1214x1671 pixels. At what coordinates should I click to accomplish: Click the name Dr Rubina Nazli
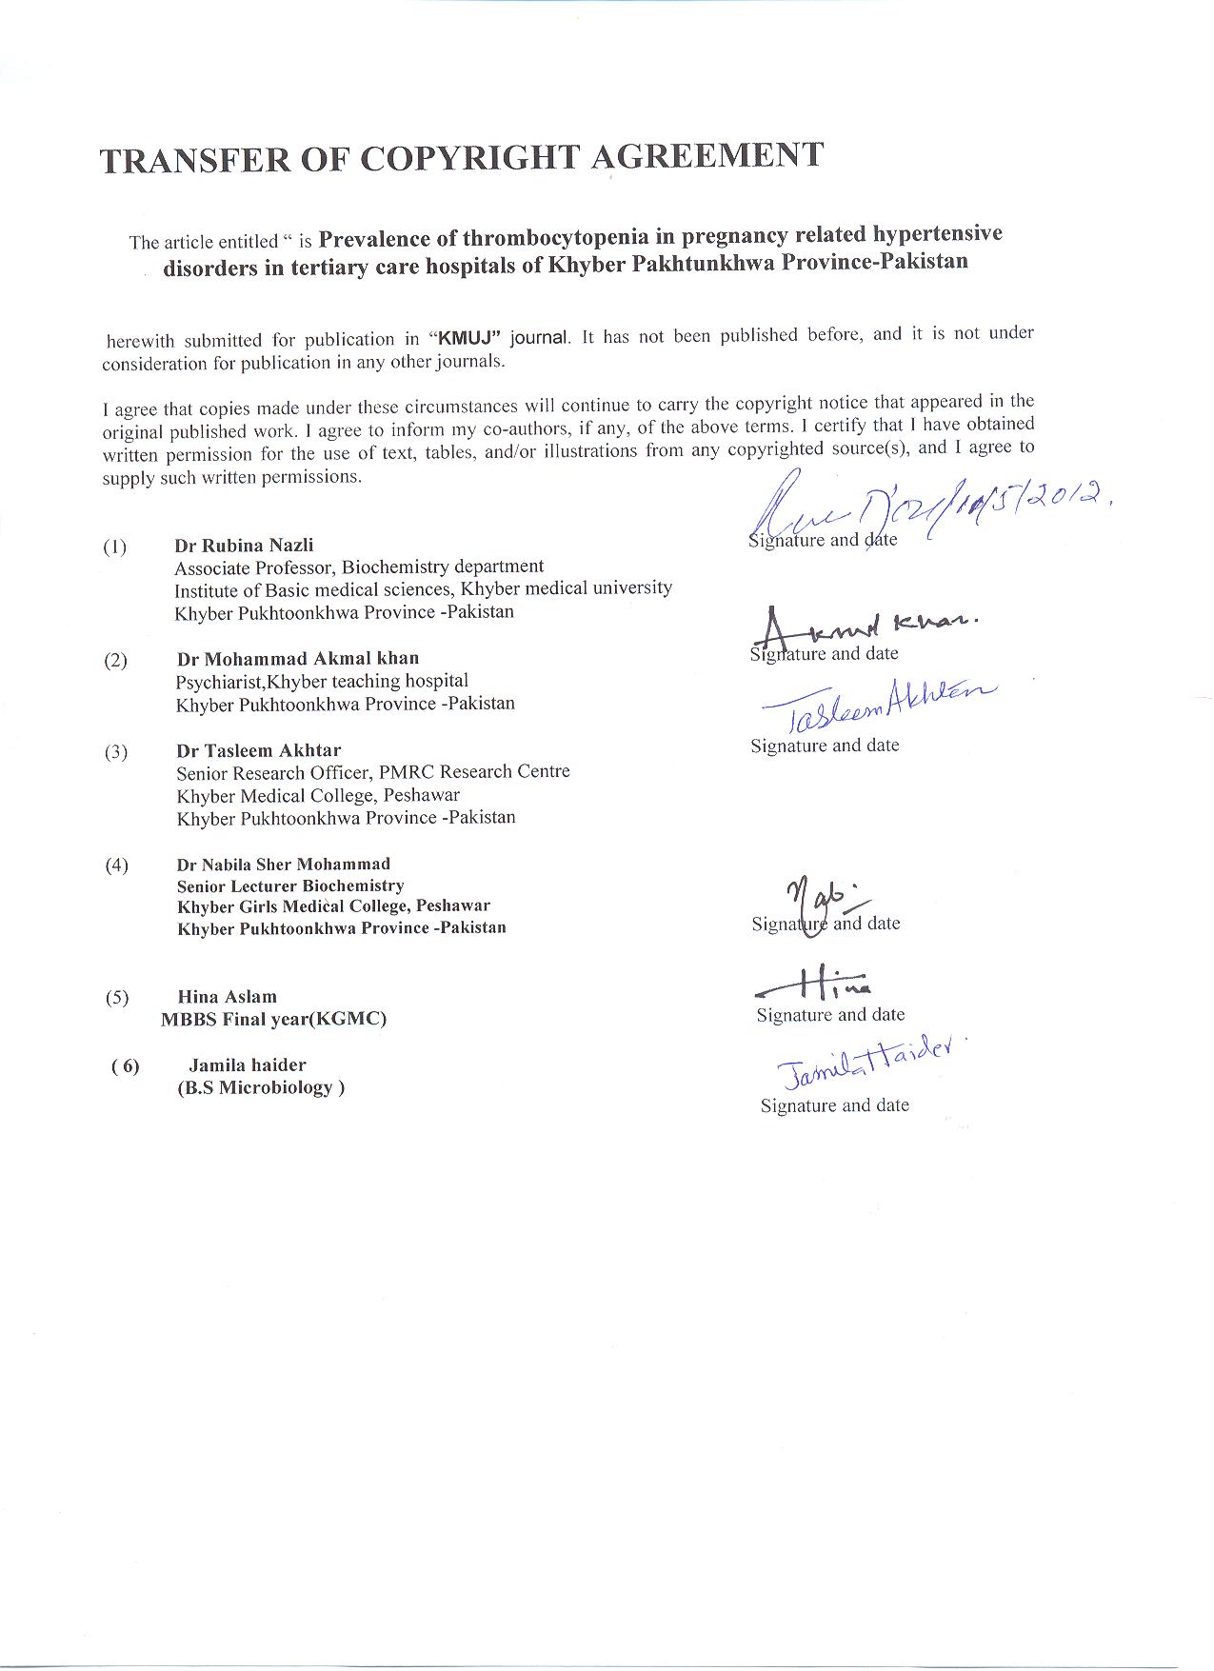coord(244,546)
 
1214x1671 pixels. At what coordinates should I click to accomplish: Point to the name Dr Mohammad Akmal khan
coord(298,659)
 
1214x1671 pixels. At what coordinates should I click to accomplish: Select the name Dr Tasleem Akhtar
coord(258,750)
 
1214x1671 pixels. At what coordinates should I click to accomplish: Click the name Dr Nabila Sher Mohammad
coord(284,865)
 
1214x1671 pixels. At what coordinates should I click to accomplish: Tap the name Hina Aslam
coord(228,997)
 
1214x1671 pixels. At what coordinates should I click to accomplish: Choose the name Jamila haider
coord(248,1065)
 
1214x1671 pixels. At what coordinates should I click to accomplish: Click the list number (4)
coord(116,865)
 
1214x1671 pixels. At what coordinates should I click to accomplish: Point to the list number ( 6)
coord(125,1066)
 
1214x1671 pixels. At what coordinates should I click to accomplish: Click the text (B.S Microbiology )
coord(261,1088)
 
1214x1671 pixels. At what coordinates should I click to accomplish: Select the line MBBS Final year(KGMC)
coord(274,1020)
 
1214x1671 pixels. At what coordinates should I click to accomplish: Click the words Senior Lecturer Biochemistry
coord(290,886)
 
